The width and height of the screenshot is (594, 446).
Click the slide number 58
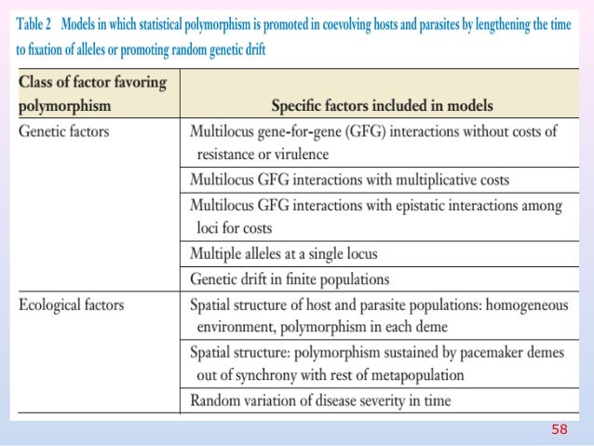559,429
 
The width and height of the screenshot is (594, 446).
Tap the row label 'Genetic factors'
64,131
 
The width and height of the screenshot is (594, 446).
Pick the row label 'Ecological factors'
72,304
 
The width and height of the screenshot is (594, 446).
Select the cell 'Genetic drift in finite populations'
290,278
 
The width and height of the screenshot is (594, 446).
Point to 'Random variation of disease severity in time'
320,401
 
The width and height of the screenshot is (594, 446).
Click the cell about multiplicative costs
349,179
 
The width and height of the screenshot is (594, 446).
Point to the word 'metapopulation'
418,375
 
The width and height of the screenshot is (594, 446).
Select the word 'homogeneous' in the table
520,304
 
